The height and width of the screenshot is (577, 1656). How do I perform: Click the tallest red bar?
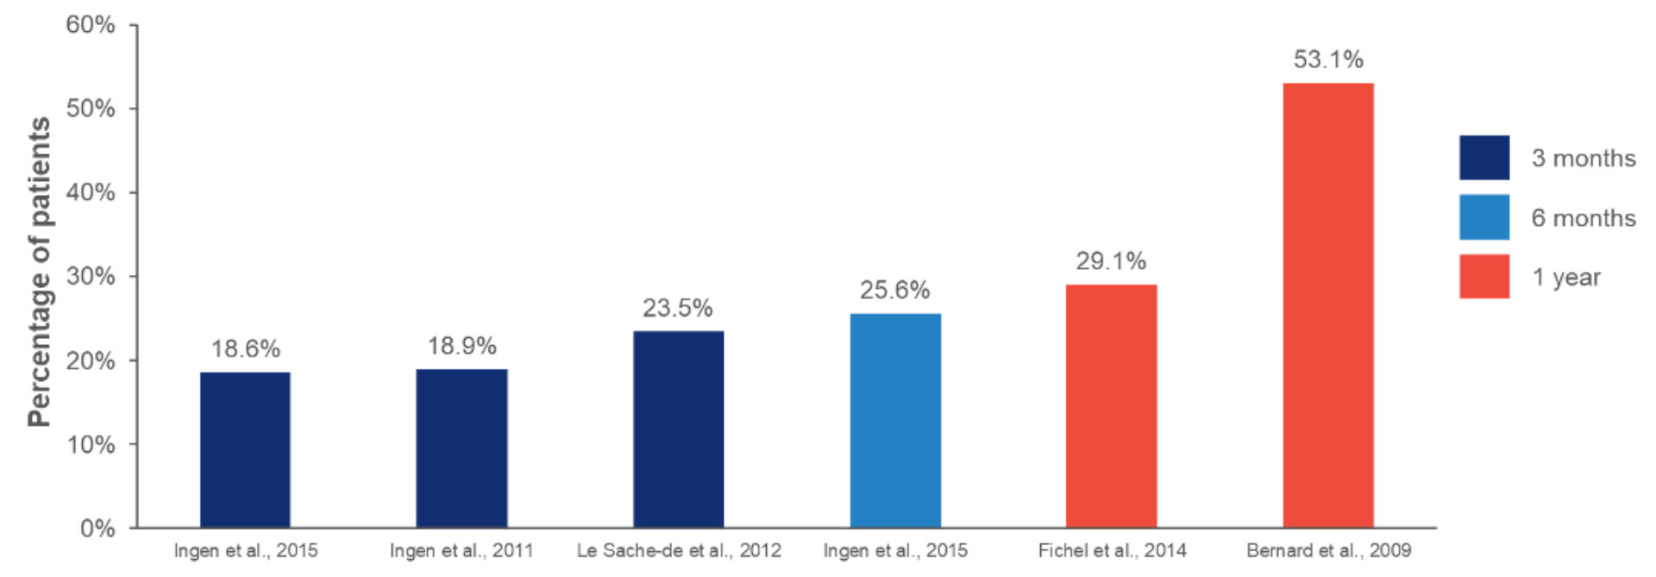(x=1328, y=302)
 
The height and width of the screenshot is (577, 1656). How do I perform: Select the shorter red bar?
(x=1111, y=405)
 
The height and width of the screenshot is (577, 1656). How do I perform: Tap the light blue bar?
(x=894, y=418)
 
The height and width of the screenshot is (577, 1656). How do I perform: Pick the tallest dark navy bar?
(x=677, y=426)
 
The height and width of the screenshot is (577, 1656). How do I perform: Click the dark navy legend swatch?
(x=1483, y=158)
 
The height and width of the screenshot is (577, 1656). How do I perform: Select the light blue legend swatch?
(x=1483, y=217)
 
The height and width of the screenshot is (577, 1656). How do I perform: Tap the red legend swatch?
(x=1483, y=277)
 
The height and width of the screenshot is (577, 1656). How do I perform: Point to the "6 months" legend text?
(x=1585, y=220)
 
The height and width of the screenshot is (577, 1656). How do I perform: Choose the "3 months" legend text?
(x=1585, y=160)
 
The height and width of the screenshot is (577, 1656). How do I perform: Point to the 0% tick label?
(x=97, y=528)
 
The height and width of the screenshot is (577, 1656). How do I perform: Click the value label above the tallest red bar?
(x=1328, y=59)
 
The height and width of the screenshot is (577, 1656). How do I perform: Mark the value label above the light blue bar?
(x=894, y=291)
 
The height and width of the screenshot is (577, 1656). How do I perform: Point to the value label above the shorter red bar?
(x=1113, y=262)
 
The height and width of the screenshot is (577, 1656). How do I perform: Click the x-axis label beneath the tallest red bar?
(x=1328, y=549)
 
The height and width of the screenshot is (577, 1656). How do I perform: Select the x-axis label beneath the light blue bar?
(x=895, y=549)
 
